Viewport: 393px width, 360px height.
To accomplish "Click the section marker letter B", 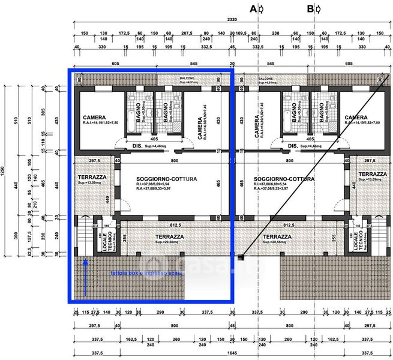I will [x=310, y=8].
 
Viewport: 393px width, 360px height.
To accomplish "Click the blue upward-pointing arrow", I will [x=85, y=277].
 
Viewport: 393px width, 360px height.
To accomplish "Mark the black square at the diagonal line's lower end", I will [x=241, y=258].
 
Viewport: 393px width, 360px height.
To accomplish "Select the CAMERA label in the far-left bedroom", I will [x=95, y=118].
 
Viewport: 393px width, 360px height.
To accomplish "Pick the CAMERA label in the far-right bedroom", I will [x=356, y=118].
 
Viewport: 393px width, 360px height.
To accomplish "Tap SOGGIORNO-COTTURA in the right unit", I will [x=284, y=179].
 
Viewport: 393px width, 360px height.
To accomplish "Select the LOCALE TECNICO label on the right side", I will [x=358, y=240].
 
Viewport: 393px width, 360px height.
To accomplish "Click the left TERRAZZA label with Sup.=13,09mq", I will [x=92, y=178].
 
